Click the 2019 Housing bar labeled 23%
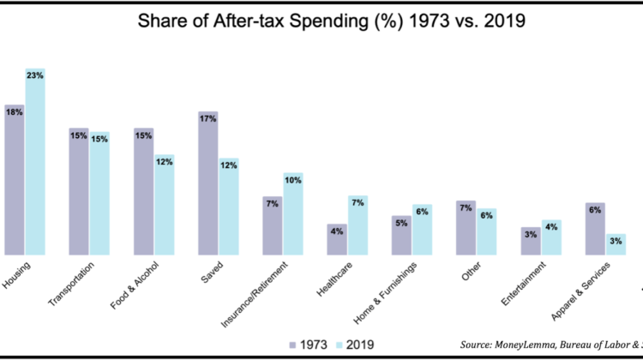[x=35, y=163]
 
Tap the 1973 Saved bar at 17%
[x=208, y=183]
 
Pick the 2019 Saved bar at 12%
[x=229, y=207]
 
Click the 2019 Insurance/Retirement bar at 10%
[x=293, y=214]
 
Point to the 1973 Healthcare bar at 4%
[x=337, y=240]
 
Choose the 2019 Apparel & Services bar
[x=616, y=245]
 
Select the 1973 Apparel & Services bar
[x=595, y=229]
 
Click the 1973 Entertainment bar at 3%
[x=531, y=242]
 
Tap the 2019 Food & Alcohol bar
[x=165, y=206]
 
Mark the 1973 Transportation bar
[x=79, y=192]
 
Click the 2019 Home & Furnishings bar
[x=423, y=230]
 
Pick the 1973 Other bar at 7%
[x=466, y=228]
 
